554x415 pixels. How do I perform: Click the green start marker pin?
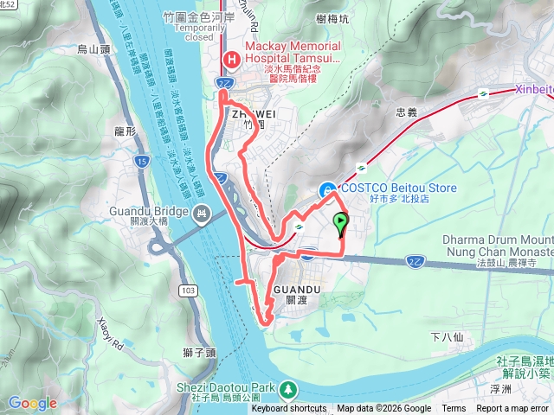pyautogui.click(x=340, y=225)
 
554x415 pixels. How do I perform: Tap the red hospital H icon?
pyautogui.click(x=231, y=59)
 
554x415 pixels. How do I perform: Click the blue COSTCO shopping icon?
pyautogui.click(x=327, y=189)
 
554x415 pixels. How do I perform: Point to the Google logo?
pyautogui.click(x=32, y=403)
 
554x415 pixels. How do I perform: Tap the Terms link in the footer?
pyautogui.click(x=454, y=409)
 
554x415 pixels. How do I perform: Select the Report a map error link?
pyautogui.click(x=515, y=409)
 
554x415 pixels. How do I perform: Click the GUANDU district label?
pyautogui.click(x=297, y=289)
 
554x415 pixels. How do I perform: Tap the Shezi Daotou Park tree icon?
pyautogui.click(x=287, y=387)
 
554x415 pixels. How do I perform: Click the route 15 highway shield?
pyautogui.click(x=142, y=161)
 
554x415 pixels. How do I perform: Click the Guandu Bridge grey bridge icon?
pyautogui.click(x=203, y=213)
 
